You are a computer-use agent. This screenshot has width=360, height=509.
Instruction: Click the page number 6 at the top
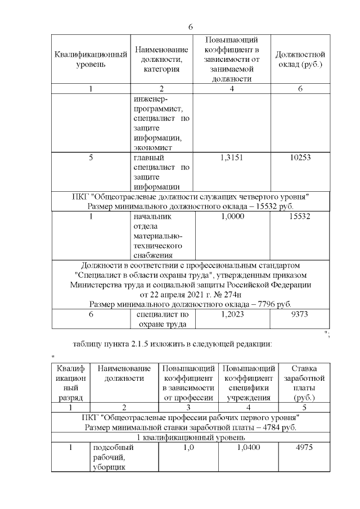[x=191, y=27]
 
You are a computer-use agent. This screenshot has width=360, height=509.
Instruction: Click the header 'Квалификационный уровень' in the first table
[x=90, y=60]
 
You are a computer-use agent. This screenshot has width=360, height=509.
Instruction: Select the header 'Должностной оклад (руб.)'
[x=300, y=60]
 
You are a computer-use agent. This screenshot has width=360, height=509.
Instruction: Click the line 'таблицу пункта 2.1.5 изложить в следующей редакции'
[x=173, y=343]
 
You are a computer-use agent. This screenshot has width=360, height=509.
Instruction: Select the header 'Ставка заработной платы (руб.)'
[x=306, y=383]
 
